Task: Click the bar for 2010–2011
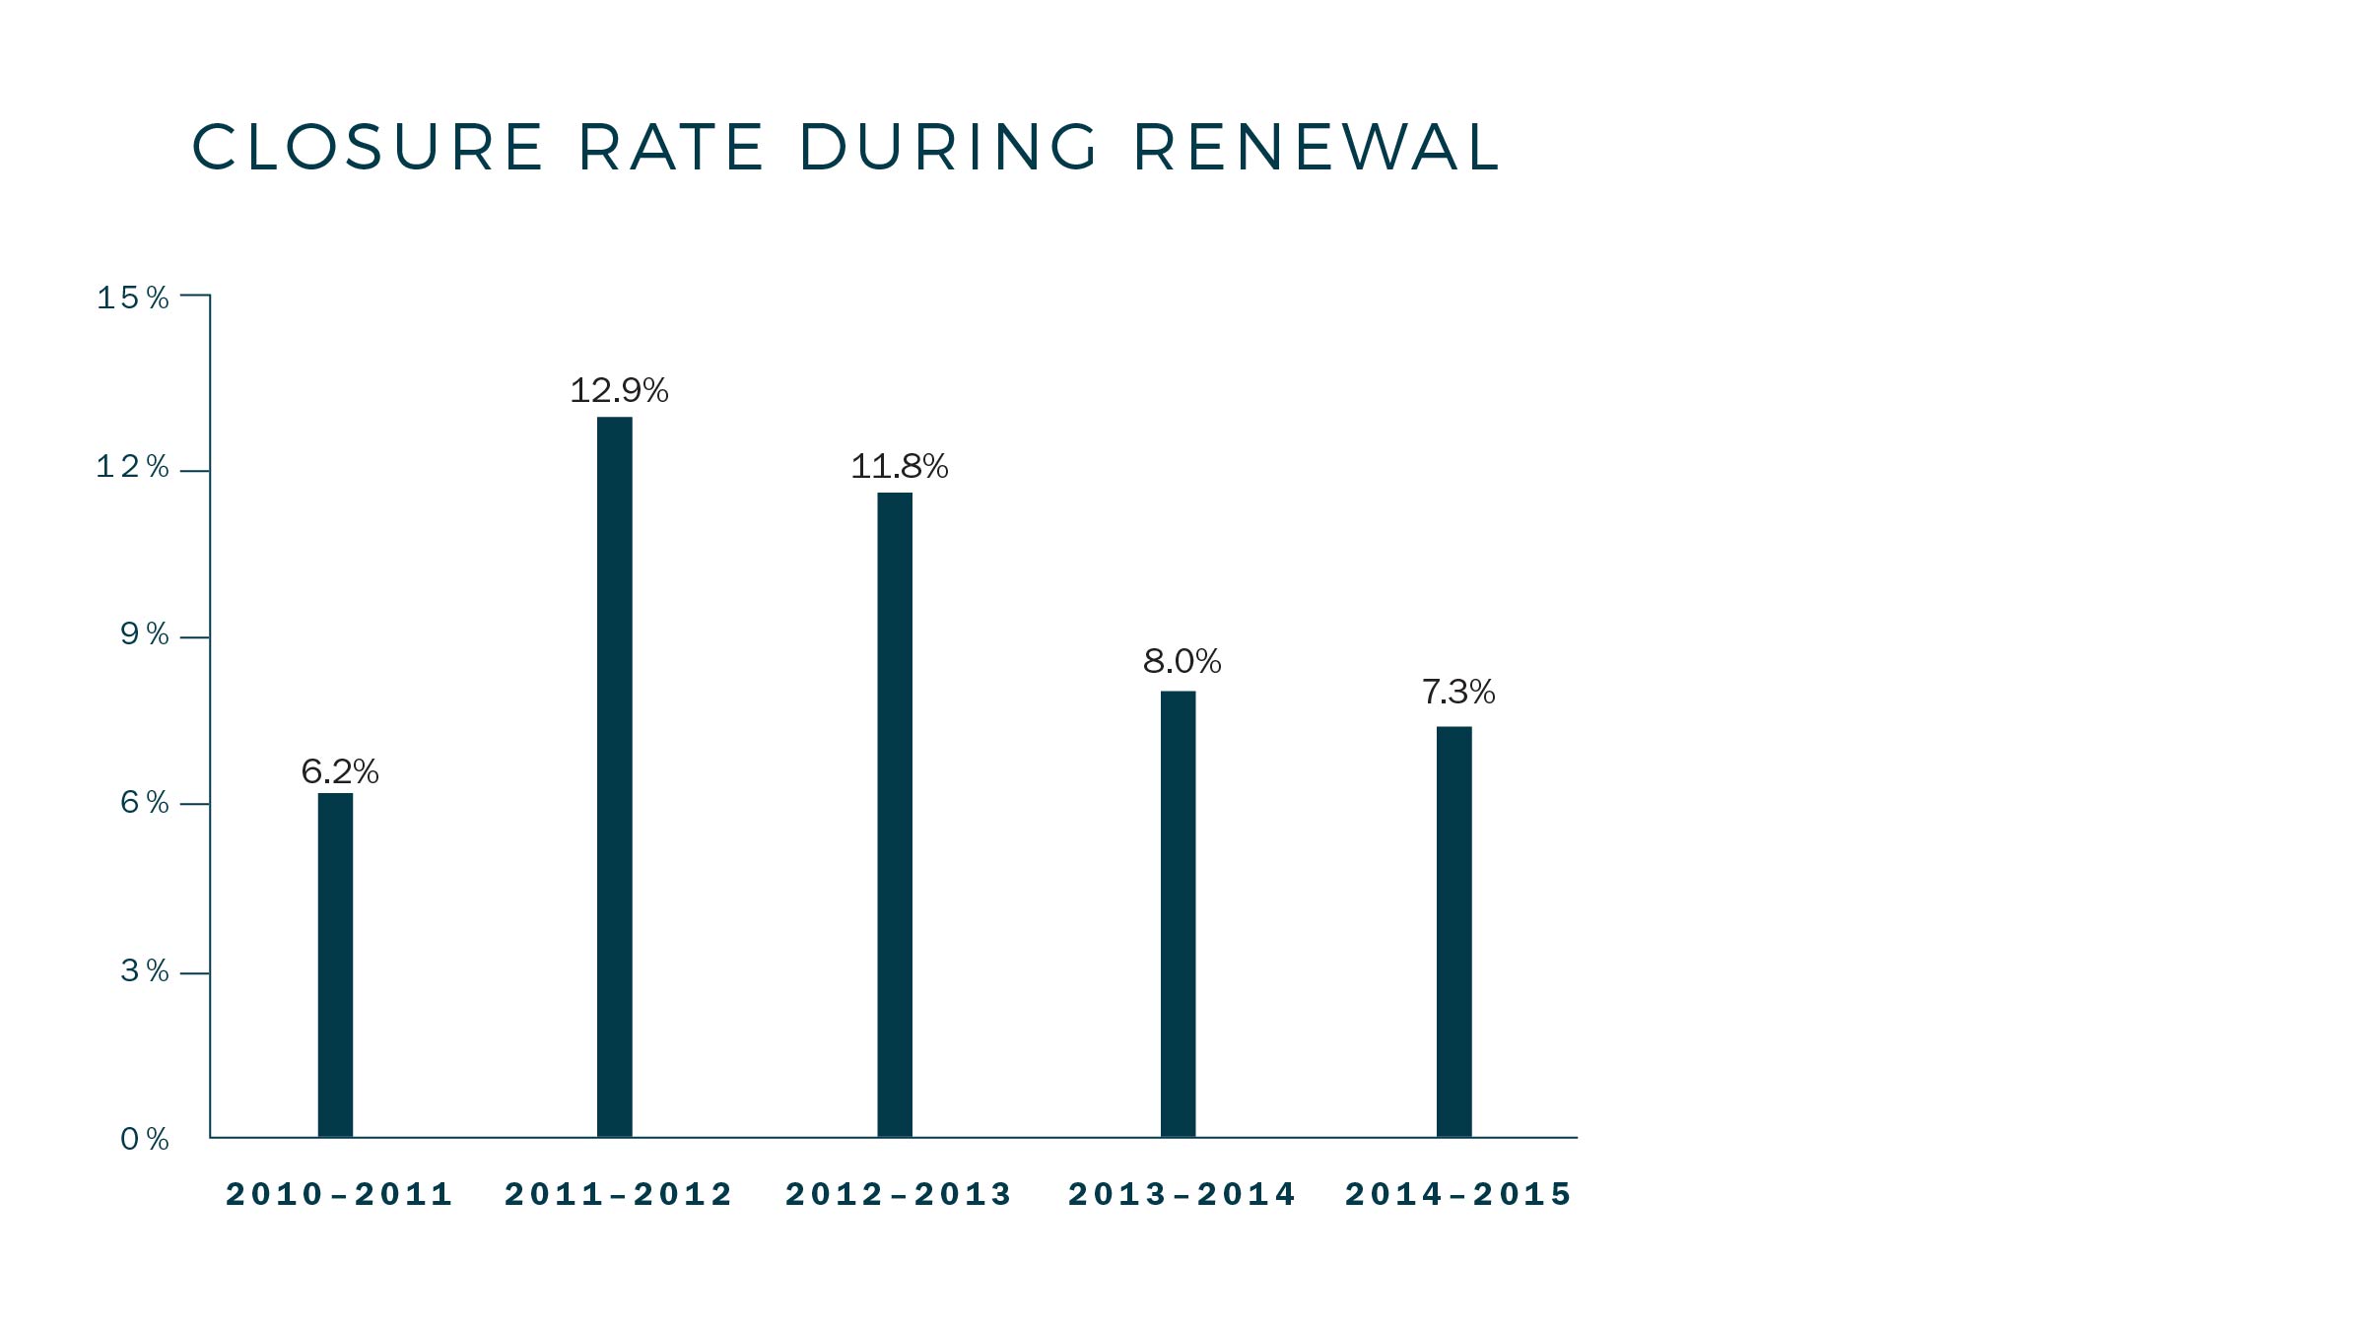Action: pos(335,965)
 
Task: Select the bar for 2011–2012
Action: pos(615,777)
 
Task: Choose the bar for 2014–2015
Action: pos(1453,932)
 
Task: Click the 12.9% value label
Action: pos(619,391)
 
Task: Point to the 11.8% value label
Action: pos(899,466)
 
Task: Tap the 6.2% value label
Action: pos(340,771)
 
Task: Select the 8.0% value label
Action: pos(1182,661)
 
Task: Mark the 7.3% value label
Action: pos(1458,692)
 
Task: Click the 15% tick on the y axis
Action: pos(133,298)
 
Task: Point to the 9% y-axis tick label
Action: pos(145,634)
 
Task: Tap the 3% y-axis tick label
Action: pos(145,971)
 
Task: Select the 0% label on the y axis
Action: pos(145,1140)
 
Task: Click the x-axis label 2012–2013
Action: pos(899,1194)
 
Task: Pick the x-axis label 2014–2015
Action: pos(1458,1194)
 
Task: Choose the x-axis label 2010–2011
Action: pos(339,1194)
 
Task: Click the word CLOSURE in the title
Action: pos(368,148)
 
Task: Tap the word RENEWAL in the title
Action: pos(1317,148)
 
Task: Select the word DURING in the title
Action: pos(948,148)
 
